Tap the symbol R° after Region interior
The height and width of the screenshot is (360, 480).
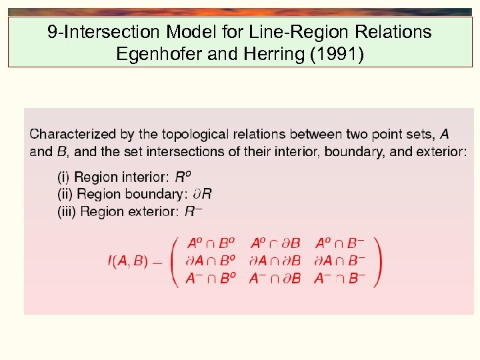pos(183,177)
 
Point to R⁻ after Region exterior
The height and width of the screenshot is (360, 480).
pos(193,211)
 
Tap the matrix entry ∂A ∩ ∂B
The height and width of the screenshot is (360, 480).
pos(275,261)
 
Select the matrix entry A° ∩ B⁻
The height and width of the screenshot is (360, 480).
pos(339,244)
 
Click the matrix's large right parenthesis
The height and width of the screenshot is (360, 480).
pos(377,261)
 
